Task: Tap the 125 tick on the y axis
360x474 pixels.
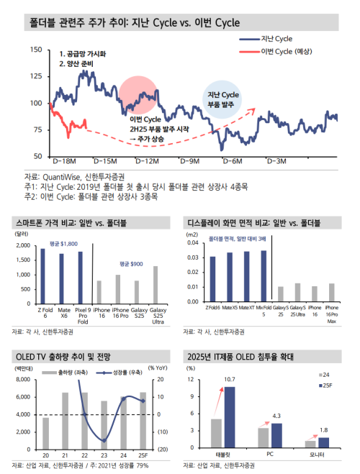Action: (x=36, y=76)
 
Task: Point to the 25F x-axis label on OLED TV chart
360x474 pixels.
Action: (x=143, y=456)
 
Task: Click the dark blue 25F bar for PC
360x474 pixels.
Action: (x=275, y=434)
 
